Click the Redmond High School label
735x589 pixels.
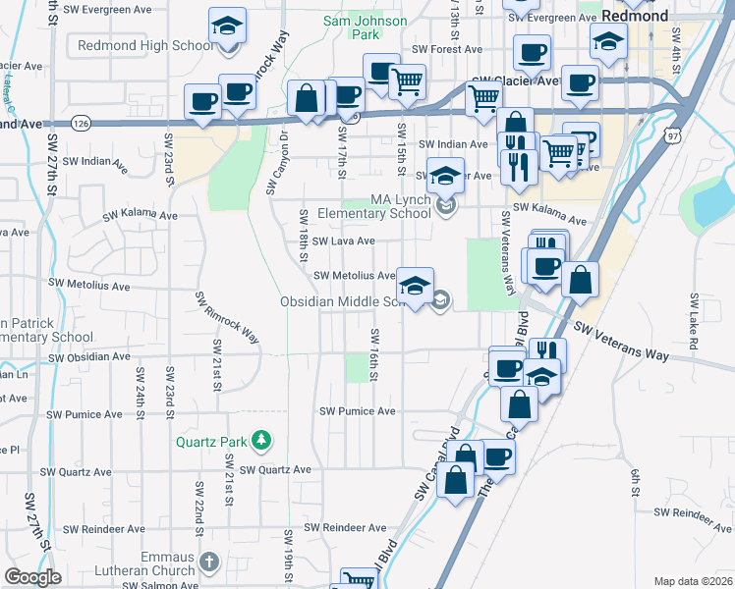(x=144, y=46)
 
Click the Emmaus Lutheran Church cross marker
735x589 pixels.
(x=207, y=562)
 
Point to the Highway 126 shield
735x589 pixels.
(x=82, y=124)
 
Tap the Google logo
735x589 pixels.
(x=32, y=577)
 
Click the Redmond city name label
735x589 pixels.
(x=635, y=17)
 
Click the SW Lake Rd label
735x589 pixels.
(x=694, y=323)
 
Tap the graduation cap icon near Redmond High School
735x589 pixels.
(x=228, y=27)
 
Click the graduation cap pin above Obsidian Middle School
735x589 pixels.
(x=415, y=286)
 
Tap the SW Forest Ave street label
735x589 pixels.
(x=447, y=49)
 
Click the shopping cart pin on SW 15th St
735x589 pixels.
(x=407, y=82)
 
